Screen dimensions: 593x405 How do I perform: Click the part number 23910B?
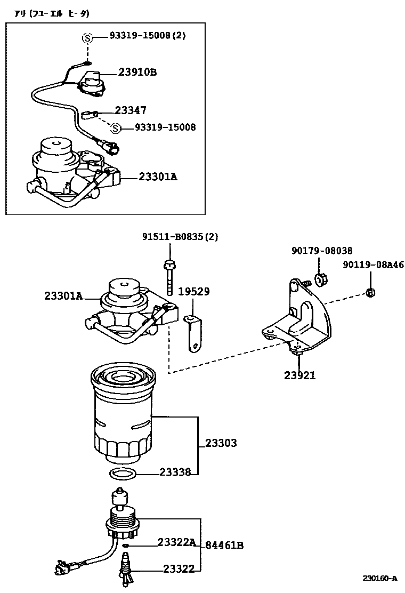coord(137,73)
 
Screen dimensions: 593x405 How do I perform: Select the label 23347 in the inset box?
coord(131,110)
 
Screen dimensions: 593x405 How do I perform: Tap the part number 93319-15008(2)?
coord(148,36)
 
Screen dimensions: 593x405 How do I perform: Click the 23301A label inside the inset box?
coord(158,176)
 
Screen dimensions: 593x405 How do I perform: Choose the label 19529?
coord(193,292)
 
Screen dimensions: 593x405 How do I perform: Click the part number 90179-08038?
coord(322,251)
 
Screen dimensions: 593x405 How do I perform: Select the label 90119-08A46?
coord(373,265)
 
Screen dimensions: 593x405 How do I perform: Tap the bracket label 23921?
coord(299,375)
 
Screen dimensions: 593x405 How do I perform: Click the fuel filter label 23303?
coord(221,443)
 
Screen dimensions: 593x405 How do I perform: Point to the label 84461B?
coord(224,545)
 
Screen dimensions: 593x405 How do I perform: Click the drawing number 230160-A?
coord(380,578)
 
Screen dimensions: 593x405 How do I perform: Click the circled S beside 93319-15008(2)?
coord(87,37)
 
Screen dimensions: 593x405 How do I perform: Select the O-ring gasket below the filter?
coord(123,474)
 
